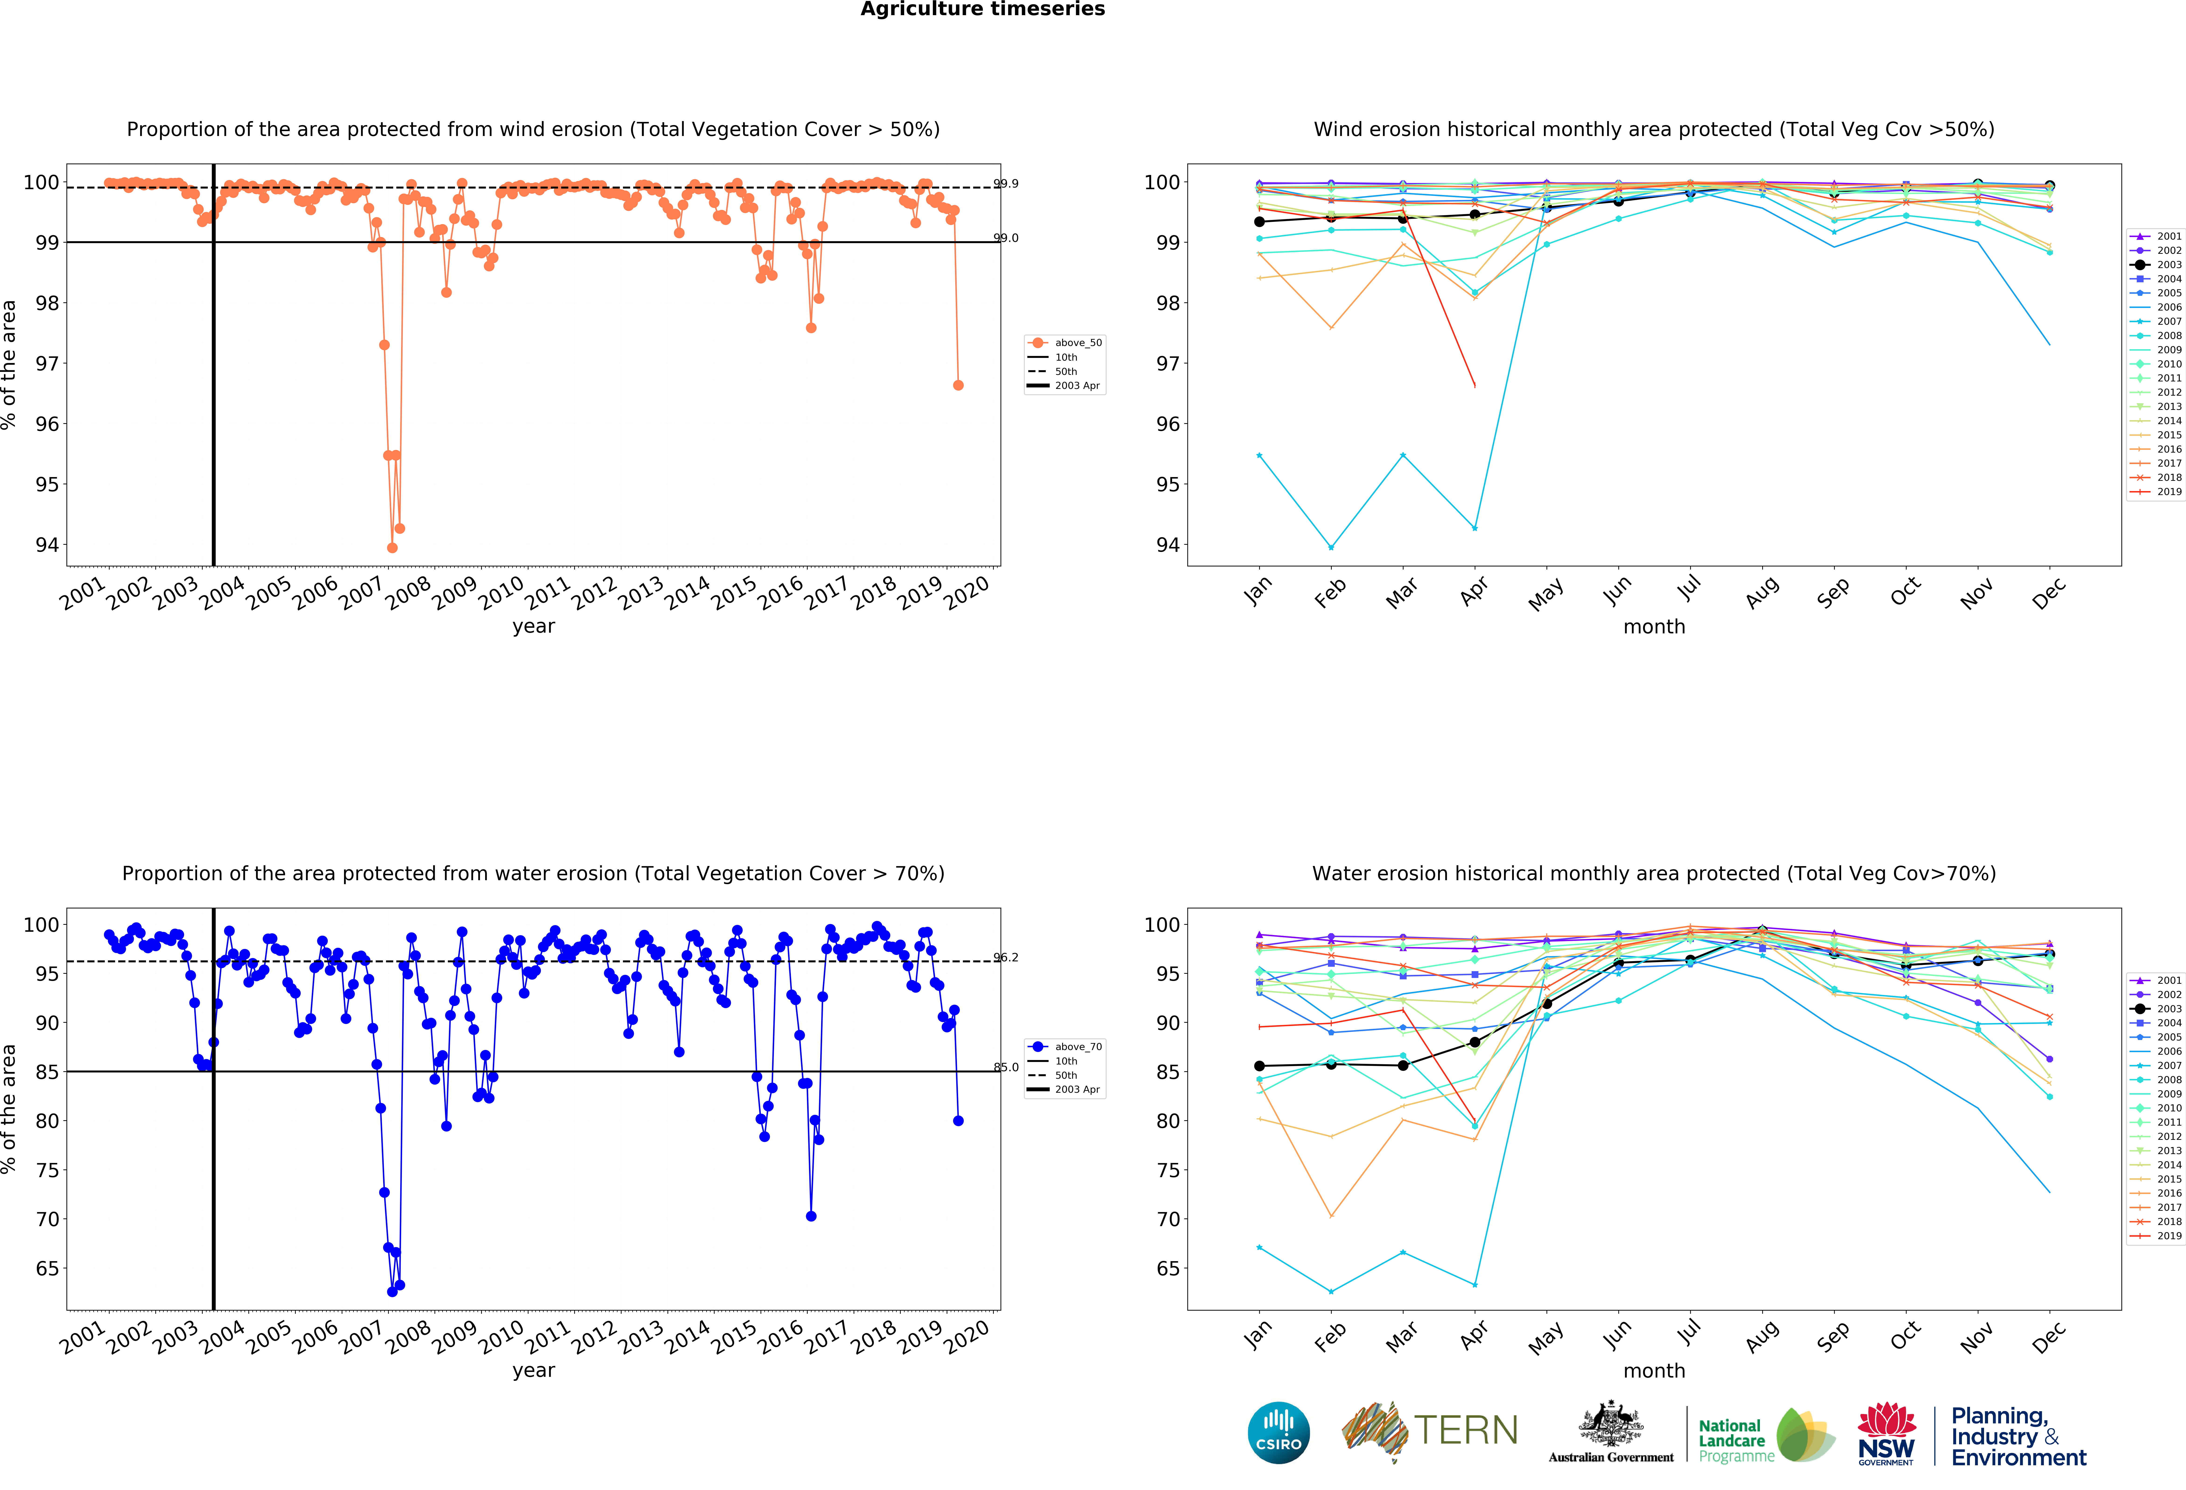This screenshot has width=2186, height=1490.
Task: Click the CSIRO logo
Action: [1278, 1433]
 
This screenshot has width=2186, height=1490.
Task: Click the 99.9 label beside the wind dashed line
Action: [1006, 183]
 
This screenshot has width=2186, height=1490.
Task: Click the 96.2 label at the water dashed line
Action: [1006, 958]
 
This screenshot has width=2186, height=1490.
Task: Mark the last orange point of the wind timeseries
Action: [958, 385]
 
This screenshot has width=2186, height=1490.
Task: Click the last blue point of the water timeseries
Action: [958, 1120]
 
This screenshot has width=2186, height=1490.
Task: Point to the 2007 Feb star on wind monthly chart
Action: [1331, 548]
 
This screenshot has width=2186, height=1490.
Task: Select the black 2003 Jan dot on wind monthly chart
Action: [1259, 222]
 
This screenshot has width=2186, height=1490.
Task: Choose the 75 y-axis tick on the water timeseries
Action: [47, 1170]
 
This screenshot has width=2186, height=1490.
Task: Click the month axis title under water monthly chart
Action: [1654, 1371]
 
